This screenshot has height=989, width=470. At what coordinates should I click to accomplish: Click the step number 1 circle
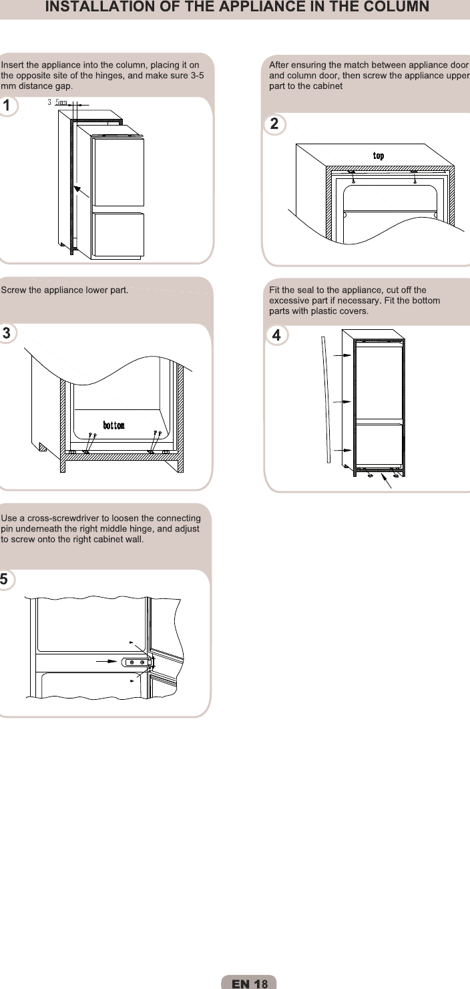tap(7, 106)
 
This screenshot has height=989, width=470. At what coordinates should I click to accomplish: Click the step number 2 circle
tap(274, 124)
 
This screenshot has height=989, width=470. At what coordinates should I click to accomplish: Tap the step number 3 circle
tap(7, 333)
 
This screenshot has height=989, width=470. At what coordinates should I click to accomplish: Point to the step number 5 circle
tap(5, 579)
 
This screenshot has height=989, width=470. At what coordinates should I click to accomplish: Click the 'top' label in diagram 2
tap(378, 156)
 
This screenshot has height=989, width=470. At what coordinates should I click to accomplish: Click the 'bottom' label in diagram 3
tap(113, 425)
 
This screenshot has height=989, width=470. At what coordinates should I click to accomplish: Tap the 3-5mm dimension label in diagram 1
tap(57, 102)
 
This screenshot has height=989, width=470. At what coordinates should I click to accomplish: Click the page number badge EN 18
tap(249, 983)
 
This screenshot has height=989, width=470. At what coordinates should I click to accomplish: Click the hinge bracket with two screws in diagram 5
tap(137, 662)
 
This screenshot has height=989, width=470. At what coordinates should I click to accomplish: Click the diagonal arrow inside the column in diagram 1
tap(83, 196)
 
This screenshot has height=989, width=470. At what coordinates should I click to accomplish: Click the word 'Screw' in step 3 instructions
tap(13, 290)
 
